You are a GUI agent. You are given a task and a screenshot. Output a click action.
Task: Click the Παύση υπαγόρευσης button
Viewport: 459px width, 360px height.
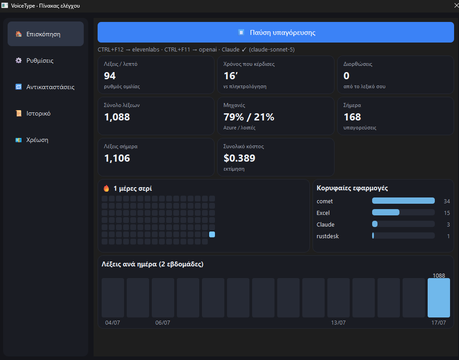pyautogui.click(x=275, y=32)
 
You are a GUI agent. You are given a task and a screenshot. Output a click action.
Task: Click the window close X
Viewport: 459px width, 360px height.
pyautogui.click(x=456, y=5)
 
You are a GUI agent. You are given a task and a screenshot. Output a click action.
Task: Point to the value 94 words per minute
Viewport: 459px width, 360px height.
pyautogui.click(x=110, y=76)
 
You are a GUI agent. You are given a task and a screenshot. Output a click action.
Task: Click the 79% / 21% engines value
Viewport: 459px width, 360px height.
pyautogui.click(x=249, y=117)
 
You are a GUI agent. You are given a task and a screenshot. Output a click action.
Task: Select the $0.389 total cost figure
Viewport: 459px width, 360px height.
pyautogui.click(x=240, y=159)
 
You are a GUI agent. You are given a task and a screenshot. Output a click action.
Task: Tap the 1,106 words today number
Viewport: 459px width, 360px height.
pyautogui.click(x=117, y=159)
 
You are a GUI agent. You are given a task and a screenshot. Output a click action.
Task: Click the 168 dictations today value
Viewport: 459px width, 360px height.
pyautogui.click(x=352, y=117)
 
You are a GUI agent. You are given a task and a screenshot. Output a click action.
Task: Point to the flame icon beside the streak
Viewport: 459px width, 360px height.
pyautogui.click(x=106, y=188)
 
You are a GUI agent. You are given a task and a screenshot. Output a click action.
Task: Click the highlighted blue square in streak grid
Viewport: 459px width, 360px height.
pyautogui.click(x=212, y=234)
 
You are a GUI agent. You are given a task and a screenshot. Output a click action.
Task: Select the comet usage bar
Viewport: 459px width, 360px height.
pyautogui.click(x=403, y=201)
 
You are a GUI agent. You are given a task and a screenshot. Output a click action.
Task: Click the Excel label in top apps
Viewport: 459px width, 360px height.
pyautogui.click(x=323, y=213)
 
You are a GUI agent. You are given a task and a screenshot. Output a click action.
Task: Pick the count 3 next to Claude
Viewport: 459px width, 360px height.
pyautogui.click(x=448, y=224)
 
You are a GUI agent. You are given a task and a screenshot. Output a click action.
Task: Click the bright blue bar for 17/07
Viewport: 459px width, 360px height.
pyautogui.click(x=438, y=298)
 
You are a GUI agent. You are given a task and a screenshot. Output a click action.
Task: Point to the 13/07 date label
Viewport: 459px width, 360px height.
pyautogui.click(x=338, y=322)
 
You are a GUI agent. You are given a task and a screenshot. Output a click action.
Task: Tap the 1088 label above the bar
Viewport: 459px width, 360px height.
pyautogui.click(x=438, y=275)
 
